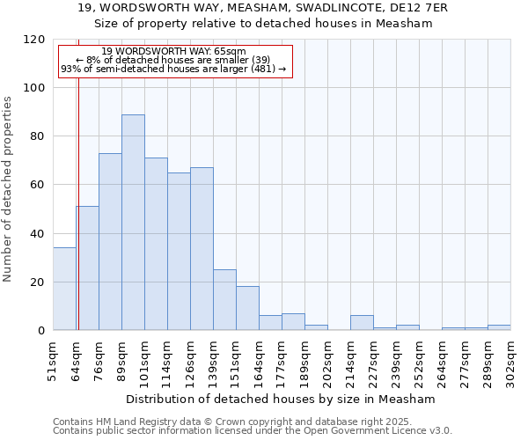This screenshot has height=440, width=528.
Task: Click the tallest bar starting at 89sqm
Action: click(x=133, y=223)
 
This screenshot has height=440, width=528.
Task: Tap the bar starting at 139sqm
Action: click(x=224, y=300)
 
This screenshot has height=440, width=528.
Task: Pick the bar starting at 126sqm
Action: click(x=202, y=249)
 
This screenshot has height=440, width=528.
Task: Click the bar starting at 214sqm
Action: click(x=362, y=323)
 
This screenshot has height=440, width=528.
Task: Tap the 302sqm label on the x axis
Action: click(x=511, y=360)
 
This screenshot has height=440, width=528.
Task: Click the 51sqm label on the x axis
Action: click(x=54, y=360)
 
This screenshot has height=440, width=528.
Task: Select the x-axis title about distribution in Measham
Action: click(x=282, y=399)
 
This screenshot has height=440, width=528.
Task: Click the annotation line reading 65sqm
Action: click(x=173, y=52)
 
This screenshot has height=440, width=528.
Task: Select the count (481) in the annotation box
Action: click(x=262, y=69)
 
